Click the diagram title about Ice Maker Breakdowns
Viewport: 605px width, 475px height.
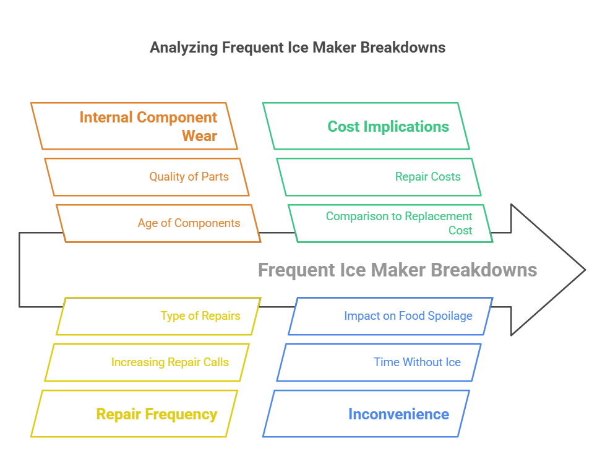(298, 48)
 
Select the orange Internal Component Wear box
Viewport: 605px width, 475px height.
(134, 126)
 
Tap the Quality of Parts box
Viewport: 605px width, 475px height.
(147, 177)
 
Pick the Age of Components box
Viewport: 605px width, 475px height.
(158, 223)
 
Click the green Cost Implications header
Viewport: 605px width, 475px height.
(366, 126)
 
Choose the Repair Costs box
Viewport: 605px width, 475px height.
(379, 177)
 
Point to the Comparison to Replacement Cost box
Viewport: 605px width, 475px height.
(390, 223)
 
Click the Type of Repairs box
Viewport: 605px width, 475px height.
(158, 316)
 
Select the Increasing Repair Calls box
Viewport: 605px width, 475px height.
(147, 362)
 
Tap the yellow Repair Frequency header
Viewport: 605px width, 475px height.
(134, 414)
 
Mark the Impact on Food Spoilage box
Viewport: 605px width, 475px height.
(390, 316)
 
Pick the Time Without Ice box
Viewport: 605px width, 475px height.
(379, 362)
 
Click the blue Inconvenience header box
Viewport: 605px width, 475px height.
(366, 414)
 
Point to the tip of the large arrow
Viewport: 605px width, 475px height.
(583, 270)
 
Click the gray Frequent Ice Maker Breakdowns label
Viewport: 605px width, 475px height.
(397, 270)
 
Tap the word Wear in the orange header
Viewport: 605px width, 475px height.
(199, 136)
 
